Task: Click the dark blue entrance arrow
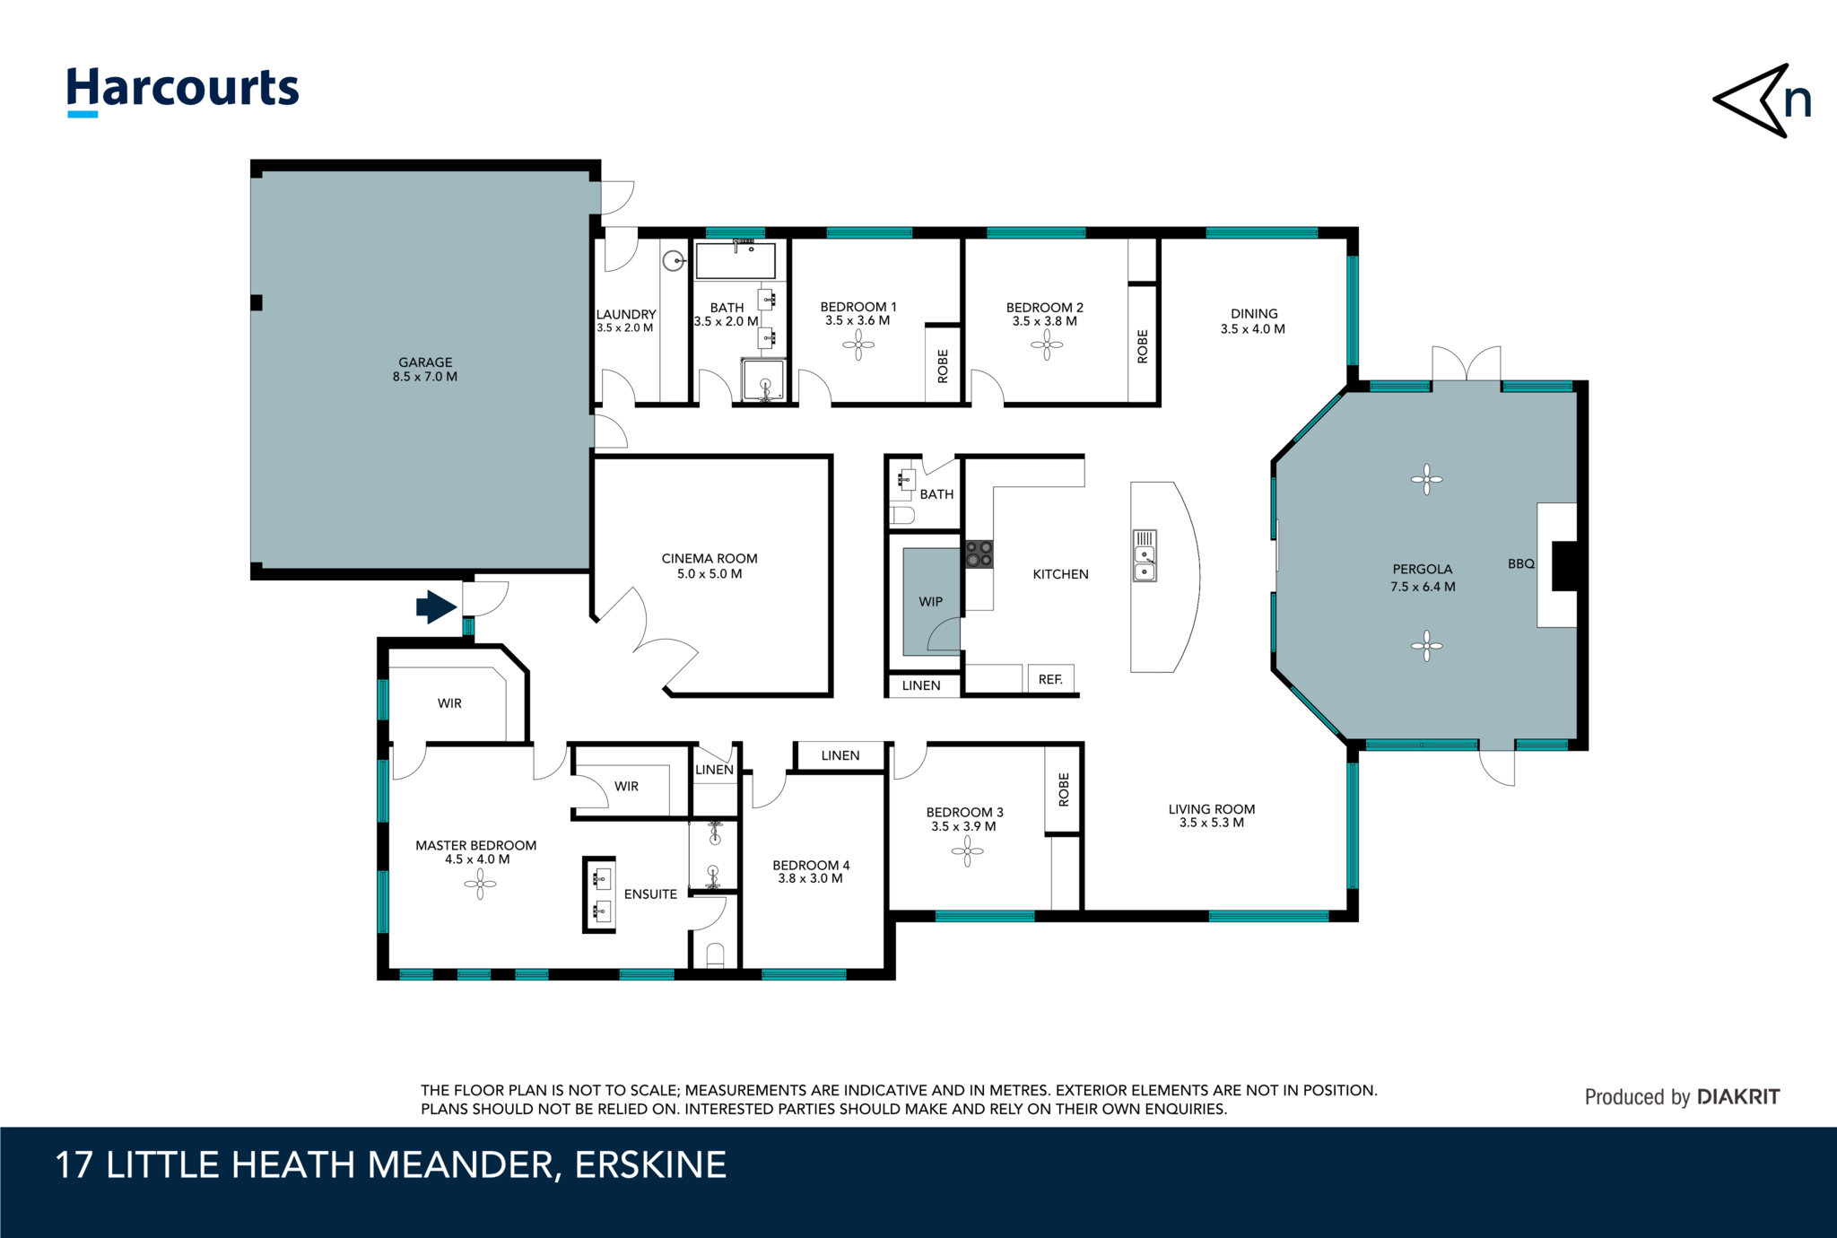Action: tap(437, 607)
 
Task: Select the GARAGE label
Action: tap(425, 362)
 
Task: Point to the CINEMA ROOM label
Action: tap(710, 559)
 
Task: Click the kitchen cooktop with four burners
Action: tap(979, 554)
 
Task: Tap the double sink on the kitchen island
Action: tap(1145, 555)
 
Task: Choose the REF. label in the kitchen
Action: tap(1050, 680)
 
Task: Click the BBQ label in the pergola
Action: tap(1521, 564)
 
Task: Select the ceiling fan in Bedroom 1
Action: tap(858, 344)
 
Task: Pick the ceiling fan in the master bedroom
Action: tap(480, 885)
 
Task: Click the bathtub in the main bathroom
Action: tap(736, 260)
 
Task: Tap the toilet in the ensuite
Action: tap(715, 955)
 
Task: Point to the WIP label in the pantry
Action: tap(931, 602)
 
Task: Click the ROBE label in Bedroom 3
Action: tap(1065, 789)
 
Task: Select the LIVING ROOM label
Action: tap(1212, 809)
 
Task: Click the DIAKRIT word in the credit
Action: tap(1738, 1097)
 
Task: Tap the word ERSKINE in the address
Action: tap(650, 1165)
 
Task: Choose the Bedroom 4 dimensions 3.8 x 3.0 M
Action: tap(810, 879)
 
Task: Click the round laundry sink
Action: tap(674, 261)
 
